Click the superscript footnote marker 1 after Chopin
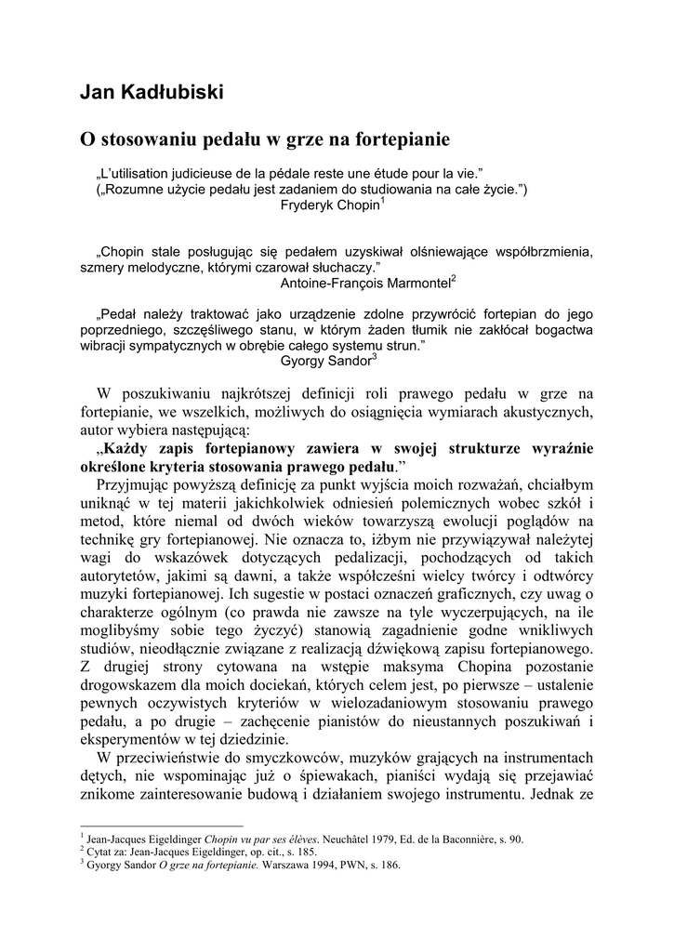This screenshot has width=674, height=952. tap(382, 202)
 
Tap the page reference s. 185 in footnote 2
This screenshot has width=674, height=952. tap(307, 851)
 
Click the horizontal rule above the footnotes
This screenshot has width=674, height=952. tap(162, 825)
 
